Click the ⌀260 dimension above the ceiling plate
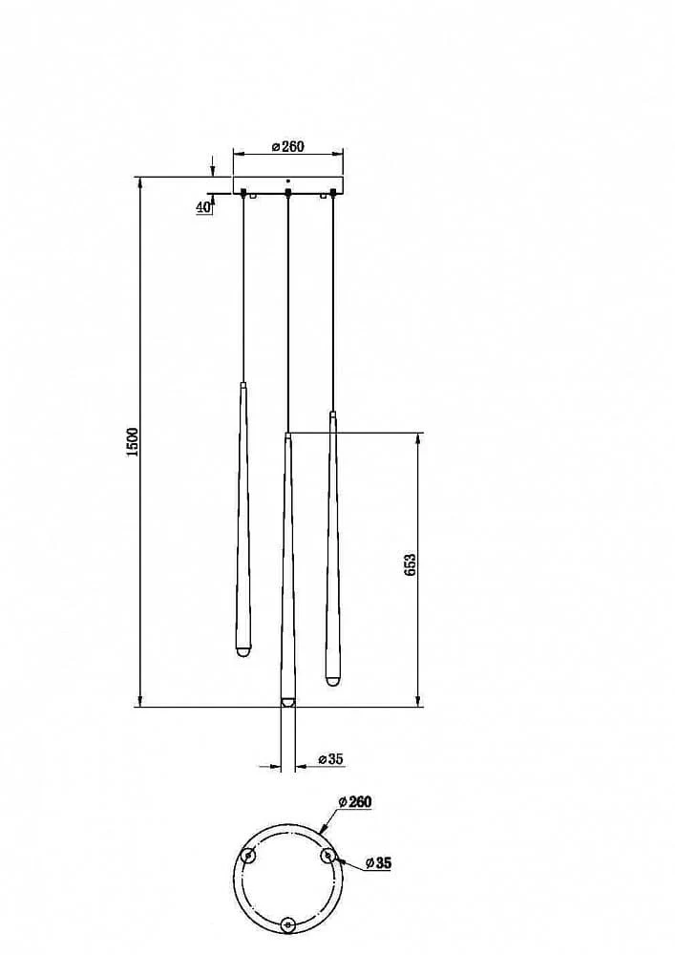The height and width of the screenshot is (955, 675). [288, 147]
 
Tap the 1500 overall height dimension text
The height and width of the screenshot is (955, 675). [132, 441]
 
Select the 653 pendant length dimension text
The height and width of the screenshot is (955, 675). [410, 565]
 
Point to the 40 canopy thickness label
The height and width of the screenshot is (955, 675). [203, 207]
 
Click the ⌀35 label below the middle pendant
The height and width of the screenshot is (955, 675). [331, 759]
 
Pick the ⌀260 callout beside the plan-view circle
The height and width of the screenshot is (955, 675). [355, 801]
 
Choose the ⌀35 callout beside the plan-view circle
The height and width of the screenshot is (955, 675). [378, 863]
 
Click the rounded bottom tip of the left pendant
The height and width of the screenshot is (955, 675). [243, 651]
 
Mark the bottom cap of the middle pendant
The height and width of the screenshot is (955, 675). [287, 702]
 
